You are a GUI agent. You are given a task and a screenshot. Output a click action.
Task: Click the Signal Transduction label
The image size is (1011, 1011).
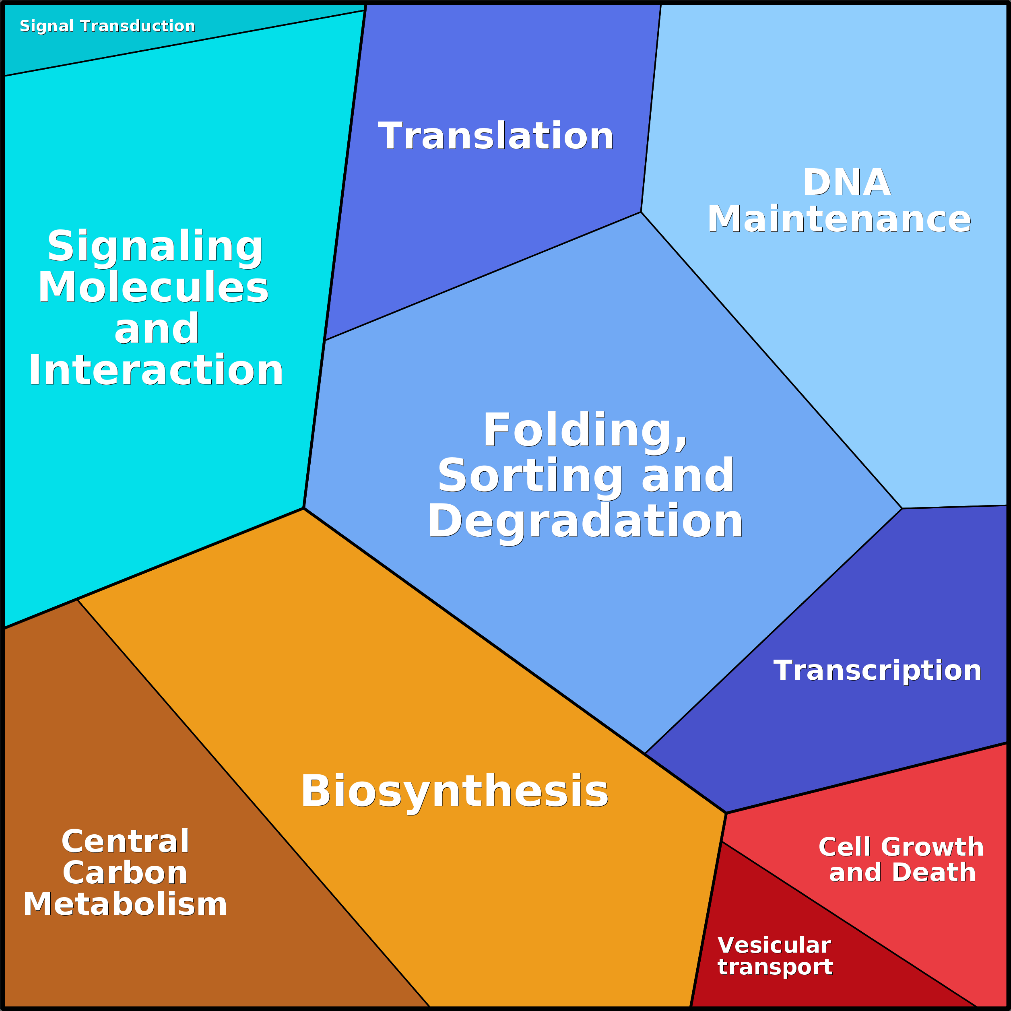(x=107, y=26)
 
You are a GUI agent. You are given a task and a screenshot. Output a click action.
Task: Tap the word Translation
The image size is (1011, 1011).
(x=495, y=136)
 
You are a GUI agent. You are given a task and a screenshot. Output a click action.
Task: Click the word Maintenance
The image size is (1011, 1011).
(x=839, y=219)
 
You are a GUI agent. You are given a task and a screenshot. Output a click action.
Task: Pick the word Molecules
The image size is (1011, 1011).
(x=153, y=288)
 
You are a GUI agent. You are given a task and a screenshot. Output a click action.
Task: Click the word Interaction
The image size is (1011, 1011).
(x=156, y=371)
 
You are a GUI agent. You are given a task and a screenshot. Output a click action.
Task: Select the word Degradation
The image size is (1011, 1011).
(x=585, y=521)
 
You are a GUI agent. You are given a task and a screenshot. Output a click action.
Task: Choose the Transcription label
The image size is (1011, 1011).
(x=877, y=671)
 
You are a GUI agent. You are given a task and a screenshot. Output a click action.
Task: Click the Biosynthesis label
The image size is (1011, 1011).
(x=454, y=791)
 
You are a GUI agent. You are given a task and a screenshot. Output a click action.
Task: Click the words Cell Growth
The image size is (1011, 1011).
(x=901, y=847)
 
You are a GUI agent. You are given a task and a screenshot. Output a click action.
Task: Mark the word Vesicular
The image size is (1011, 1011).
(x=774, y=945)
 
